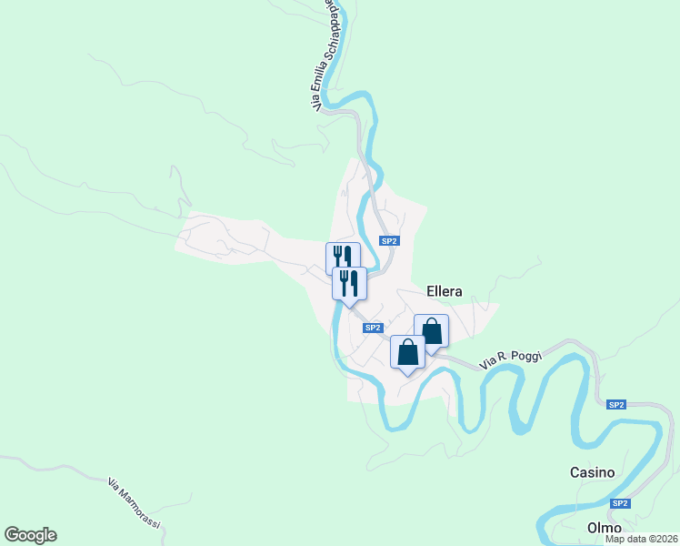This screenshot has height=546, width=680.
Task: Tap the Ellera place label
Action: (x=444, y=292)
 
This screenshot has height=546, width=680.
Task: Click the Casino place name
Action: (x=592, y=473)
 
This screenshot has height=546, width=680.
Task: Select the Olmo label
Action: (x=604, y=528)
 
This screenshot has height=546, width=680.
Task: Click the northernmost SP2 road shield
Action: (x=389, y=241)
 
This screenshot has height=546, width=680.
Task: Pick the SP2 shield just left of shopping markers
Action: (x=372, y=328)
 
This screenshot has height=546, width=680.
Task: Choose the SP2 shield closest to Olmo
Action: (x=620, y=503)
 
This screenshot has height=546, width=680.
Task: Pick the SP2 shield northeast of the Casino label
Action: (x=616, y=404)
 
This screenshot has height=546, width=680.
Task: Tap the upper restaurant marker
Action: (x=343, y=257)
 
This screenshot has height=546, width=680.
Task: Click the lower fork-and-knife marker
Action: (x=349, y=282)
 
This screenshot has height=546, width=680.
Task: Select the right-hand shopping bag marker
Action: (x=431, y=330)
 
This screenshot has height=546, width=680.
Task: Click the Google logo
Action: (x=30, y=535)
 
